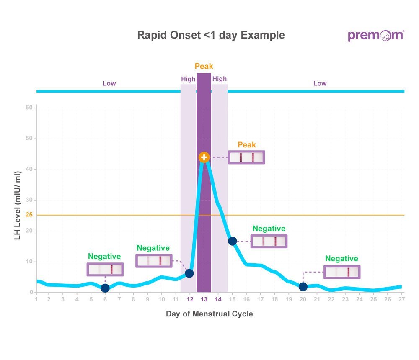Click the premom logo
tap(375, 36)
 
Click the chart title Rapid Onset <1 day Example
tap(211, 35)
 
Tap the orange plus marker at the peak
tap(204, 157)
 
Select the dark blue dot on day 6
tap(105, 288)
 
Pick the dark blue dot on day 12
tap(189, 273)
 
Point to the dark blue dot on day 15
tap(232, 241)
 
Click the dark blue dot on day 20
tap(303, 287)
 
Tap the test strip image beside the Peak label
tap(246, 157)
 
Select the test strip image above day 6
tap(105, 269)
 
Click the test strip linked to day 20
tap(342, 272)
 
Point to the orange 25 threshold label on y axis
tap(29, 215)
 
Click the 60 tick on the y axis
tap(29, 108)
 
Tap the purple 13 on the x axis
tap(204, 299)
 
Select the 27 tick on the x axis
tap(401, 299)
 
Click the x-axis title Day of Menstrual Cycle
tap(209, 314)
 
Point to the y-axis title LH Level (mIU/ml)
tap(17, 206)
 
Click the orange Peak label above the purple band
tap(204, 66)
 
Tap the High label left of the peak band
tap(188, 79)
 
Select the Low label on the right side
tap(320, 83)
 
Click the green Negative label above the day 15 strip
tap(269, 229)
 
